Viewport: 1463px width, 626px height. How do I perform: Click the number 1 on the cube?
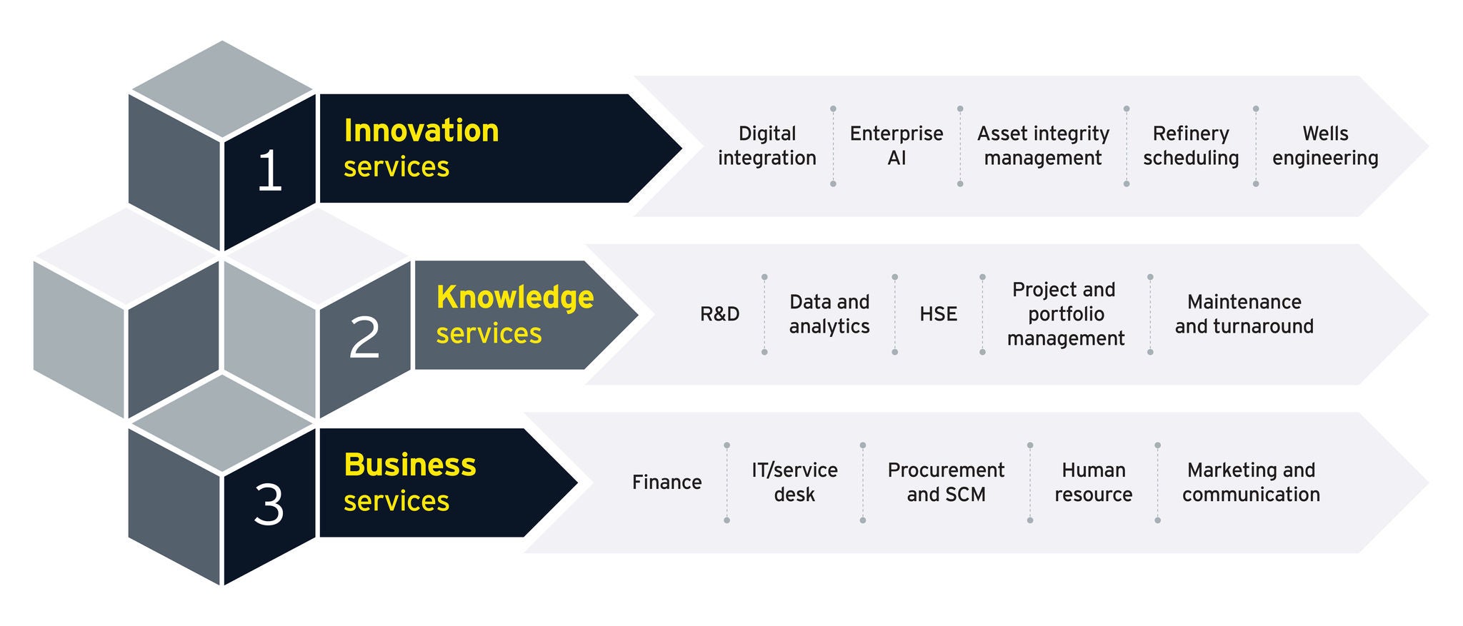[270, 171]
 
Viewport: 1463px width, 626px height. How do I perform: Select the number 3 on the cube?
[269, 505]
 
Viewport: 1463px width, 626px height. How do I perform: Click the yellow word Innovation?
[421, 131]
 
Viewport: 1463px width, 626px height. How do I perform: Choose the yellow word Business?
[410, 465]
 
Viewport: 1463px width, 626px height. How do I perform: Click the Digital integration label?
[767, 146]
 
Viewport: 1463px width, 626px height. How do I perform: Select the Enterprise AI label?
[897, 146]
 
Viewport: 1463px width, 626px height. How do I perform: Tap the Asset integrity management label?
[1043, 146]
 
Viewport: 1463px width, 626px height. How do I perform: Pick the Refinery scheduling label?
[1191, 146]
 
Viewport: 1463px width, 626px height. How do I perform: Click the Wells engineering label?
[1325, 146]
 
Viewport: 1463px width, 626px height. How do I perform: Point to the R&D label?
[719, 314]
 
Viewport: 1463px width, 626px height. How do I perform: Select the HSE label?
[938, 314]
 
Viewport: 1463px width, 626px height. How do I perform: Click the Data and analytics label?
[829, 314]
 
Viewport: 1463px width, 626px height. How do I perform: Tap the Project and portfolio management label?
[1065, 314]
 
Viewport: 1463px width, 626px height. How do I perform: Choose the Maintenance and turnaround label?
[1244, 314]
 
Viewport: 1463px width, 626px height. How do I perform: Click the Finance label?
[666, 483]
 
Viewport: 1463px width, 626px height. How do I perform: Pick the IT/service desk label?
[794, 483]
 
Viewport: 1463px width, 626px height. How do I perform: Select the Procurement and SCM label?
[946, 483]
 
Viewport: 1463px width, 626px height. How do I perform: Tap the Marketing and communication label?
[1251, 483]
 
